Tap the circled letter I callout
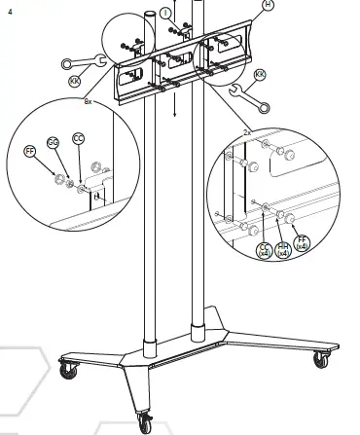tap(166, 13)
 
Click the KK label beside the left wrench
tap(76, 82)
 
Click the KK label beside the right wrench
tap(260, 75)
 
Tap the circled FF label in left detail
tap(30, 152)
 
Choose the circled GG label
tap(54, 143)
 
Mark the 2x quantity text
tap(247, 129)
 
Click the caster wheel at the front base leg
tap(145, 421)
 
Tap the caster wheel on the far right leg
tap(319, 359)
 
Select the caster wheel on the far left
tap(68, 370)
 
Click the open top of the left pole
tap(151, 14)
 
